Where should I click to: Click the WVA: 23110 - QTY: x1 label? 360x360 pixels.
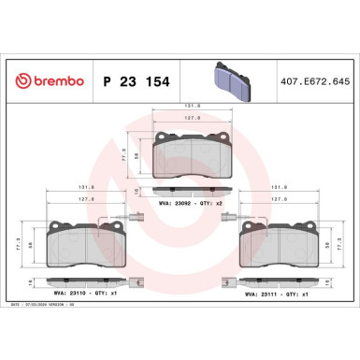click(87, 294)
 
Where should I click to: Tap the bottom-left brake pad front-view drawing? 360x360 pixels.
click(83, 245)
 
